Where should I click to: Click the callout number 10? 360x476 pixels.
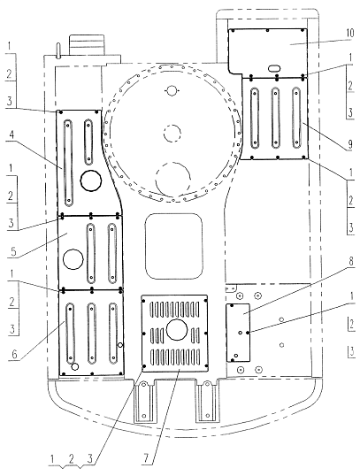tap(350, 33)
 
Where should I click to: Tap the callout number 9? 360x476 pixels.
tap(350, 144)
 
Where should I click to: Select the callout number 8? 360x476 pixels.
tap(351, 261)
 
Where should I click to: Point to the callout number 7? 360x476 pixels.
tap(147, 458)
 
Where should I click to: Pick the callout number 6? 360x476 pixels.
tap(14, 354)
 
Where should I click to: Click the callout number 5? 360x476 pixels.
tap(12, 251)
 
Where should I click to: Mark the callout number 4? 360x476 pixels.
tap(11, 135)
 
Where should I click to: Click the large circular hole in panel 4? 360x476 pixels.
tap(91, 180)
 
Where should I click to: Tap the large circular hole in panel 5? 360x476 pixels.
tap(73, 259)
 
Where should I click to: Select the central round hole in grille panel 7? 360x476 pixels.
tap(177, 330)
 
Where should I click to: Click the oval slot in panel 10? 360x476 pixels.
tap(274, 69)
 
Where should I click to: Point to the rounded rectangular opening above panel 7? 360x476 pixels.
tap(174, 246)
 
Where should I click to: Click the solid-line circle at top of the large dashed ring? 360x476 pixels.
tap(172, 90)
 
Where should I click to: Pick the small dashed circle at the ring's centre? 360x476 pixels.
tap(172, 134)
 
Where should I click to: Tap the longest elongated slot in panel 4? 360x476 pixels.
tap(68, 164)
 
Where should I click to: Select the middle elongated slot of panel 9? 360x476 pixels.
tap(275, 118)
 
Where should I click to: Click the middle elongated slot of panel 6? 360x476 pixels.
tap(91, 334)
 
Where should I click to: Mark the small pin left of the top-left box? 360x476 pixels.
tap(58, 50)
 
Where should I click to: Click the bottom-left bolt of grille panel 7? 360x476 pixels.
tap(144, 366)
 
